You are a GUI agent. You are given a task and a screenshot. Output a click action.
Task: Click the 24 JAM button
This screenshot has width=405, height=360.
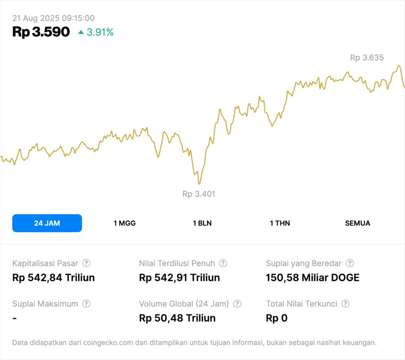point(47,223)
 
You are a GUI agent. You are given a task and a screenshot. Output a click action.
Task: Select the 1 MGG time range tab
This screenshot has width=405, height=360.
point(124,223)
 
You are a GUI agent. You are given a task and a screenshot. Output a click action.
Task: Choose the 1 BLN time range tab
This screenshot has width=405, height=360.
point(202,223)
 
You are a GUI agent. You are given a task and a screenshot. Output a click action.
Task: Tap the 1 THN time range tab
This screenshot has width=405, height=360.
point(280,223)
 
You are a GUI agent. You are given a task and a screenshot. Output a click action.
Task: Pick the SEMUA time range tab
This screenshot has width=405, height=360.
point(358,223)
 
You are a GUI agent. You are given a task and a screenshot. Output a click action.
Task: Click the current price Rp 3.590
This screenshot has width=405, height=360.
point(41,32)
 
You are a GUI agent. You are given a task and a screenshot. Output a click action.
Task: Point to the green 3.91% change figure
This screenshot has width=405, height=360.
point(100,32)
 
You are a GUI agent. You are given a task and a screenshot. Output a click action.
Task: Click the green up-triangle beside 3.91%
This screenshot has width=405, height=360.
point(81,32)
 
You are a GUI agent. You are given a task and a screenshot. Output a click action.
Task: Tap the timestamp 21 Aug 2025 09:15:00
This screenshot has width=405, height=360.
point(53,18)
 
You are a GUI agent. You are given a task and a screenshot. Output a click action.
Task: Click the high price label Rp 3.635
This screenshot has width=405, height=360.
point(367,58)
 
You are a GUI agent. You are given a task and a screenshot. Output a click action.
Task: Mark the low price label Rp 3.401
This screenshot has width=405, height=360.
point(199,194)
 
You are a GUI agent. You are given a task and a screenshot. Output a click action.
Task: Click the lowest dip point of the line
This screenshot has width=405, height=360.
point(199,183)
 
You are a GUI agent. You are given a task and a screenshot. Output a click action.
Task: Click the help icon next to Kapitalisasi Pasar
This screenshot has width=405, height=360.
point(86,263)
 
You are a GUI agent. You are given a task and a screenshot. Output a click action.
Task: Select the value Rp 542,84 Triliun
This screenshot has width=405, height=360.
point(53,278)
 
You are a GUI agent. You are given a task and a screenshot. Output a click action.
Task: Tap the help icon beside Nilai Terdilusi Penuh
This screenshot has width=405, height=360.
point(223,263)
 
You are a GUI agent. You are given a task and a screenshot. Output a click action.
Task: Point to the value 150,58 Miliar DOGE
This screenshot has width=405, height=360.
point(313,278)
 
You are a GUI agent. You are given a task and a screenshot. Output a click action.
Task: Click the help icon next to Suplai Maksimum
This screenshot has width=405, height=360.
point(86,304)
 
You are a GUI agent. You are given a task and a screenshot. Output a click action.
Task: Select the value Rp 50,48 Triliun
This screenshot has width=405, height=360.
point(177,318)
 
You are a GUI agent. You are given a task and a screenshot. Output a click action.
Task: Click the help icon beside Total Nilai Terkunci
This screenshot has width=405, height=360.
point(346,304)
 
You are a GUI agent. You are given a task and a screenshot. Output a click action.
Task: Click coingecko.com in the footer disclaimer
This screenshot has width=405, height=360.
point(108,342)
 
